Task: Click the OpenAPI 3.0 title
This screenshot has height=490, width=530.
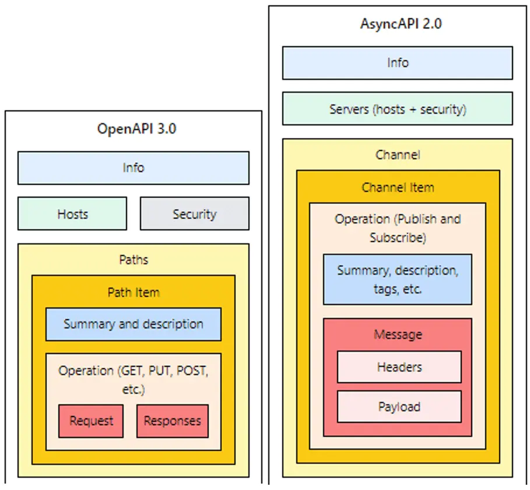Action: pyautogui.click(x=136, y=128)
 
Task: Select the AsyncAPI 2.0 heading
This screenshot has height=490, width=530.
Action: pyautogui.click(x=398, y=25)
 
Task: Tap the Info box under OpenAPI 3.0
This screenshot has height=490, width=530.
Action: pyautogui.click(x=133, y=168)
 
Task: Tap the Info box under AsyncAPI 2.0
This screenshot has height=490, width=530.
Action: pyautogui.click(x=398, y=63)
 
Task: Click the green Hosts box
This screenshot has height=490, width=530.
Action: pyautogui.click(x=72, y=214)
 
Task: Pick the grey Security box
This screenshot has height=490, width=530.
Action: pyautogui.click(x=194, y=214)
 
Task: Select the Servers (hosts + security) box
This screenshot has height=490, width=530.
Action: pyautogui.click(x=398, y=109)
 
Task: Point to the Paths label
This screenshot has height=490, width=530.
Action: pyautogui.click(x=133, y=260)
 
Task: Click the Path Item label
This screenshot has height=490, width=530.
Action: pyautogui.click(x=133, y=292)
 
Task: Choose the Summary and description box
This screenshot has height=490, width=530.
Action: pyautogui.click(x=133, y=324)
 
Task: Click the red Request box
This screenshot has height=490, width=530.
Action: pyautogui.click(x=91, y=421)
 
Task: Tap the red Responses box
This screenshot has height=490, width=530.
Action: pyautogui.click(x=172, y=421)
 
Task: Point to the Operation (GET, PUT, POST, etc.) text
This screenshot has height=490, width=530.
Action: pyautogui.click(x=133, y=379)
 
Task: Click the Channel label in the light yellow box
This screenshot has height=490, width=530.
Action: pyautogui.click(x=398, y=155)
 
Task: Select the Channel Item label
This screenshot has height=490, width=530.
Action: pyautogui.click(x=398, y=187)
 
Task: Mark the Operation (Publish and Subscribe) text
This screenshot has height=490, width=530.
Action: pyautogui.click(x=398, y=228)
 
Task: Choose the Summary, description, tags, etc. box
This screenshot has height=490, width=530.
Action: pyautogui.click(x=398, y=279)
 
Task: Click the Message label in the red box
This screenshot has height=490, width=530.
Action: pyautogui.click(x=398, y=334)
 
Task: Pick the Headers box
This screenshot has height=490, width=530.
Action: pyautogui.click(x=399, y=367)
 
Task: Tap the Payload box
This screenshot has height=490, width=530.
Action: pyautogui.click(x=399, y=407)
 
